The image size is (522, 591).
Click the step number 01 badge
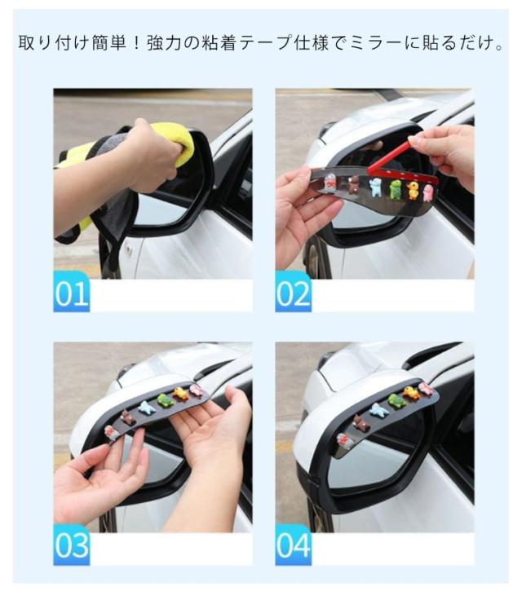(x=71, y=292)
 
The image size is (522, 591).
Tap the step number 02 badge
(x=293, y=292)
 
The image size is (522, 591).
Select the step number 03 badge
(x=71, y=545)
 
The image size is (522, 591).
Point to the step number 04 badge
(x=293, y=545)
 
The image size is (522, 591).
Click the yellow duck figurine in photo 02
(x=413, y=190)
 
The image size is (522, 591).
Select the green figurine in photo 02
(x=396, y=188)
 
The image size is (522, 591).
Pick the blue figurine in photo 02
(x=376, y=187)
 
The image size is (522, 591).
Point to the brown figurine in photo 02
(x=354, y=184)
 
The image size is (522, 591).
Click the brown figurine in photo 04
(x=361, y=423)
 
